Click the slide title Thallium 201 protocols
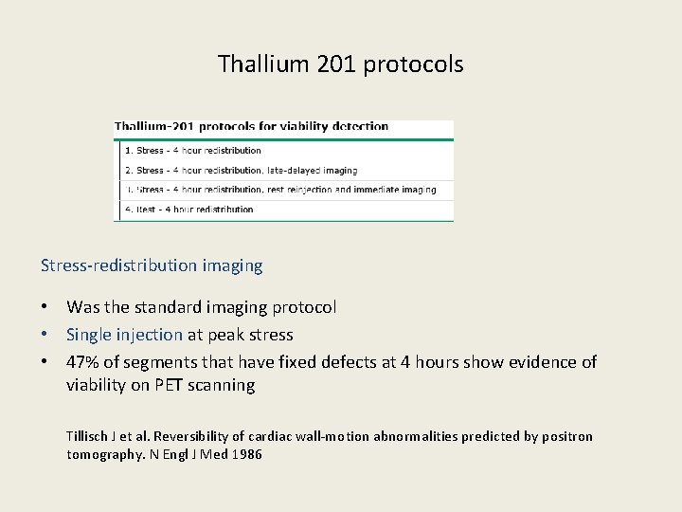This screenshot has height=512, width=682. pos(340,64)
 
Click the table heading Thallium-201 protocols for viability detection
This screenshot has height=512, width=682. pos(251,126)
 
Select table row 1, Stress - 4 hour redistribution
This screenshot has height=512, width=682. pos(192,150)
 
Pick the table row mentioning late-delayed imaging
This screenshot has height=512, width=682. pos(241,171)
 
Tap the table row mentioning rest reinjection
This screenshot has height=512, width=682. pos(280,190)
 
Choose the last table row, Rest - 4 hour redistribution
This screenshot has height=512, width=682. pos(189,210)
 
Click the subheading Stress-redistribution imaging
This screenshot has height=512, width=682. pos(152,266)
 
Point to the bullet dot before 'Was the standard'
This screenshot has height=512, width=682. pos(45,308)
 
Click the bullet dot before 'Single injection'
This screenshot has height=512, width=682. pos(45,335)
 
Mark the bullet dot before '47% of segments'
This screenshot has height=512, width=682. pos(45,362)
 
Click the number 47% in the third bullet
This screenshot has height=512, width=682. pos(83,361)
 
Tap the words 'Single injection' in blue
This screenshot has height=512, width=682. pos(124,335)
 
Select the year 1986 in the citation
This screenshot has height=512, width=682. pos(245,454)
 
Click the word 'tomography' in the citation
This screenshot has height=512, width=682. pos(101,454)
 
